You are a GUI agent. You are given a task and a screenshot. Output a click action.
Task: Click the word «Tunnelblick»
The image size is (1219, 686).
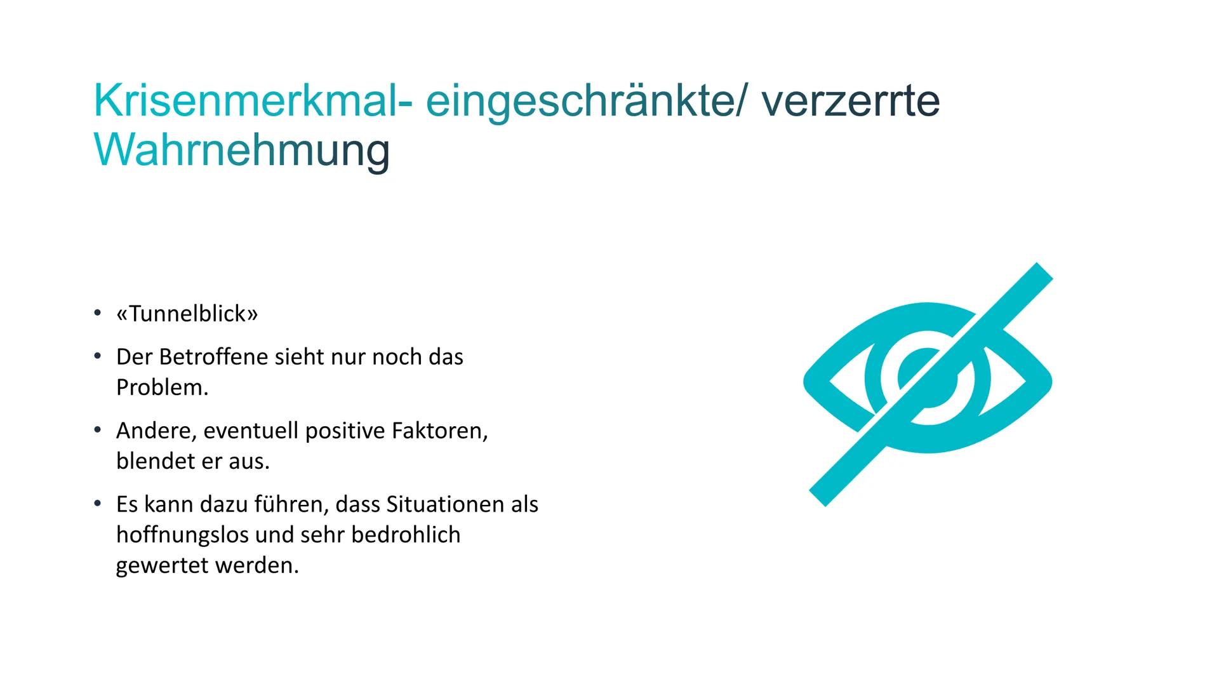187,314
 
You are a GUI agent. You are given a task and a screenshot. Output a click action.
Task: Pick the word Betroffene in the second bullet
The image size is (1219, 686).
214,357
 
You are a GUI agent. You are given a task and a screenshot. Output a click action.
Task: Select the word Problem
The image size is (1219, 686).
163,387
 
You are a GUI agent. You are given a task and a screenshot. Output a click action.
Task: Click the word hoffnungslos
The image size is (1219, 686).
182,535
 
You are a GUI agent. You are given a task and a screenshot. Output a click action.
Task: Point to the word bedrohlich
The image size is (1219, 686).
406,535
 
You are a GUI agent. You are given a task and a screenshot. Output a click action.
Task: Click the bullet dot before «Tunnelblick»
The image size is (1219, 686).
97,313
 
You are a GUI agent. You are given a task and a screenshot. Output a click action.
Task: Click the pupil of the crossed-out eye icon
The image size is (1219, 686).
928,379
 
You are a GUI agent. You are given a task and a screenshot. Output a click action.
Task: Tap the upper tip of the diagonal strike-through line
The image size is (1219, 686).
1045,271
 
